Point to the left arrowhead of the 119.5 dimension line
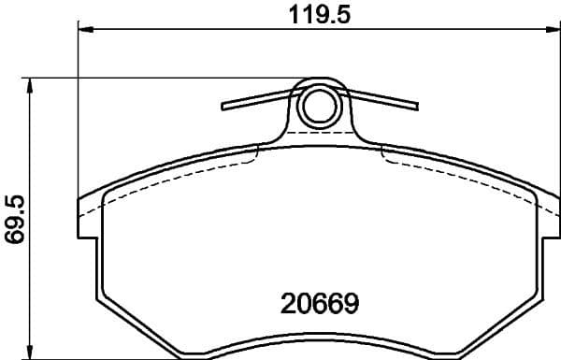tap(84, 32)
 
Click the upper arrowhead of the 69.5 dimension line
tap(33, 85)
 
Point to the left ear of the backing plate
tap(86, 217)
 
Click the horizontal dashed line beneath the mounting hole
tap(318, 135)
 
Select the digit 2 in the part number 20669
tap(288, 304)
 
